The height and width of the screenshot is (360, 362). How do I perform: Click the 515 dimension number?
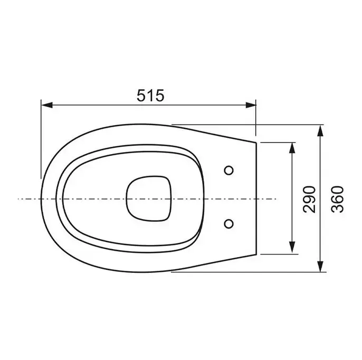(150, 96)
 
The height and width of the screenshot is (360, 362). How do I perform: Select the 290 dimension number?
(309, 199)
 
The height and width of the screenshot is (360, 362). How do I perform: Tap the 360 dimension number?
(337, 199)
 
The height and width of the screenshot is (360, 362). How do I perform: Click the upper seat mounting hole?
(229, 170)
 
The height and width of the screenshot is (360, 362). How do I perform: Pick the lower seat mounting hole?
(229, 223)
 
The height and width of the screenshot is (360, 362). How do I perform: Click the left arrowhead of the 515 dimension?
(47, 105)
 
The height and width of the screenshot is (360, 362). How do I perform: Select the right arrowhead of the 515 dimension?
(251, 105)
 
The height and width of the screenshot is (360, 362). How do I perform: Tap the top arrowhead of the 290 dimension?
(292, 148)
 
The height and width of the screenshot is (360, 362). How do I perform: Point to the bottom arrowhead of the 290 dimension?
(292, 248)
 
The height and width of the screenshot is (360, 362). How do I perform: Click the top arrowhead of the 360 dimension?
(320, 131)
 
